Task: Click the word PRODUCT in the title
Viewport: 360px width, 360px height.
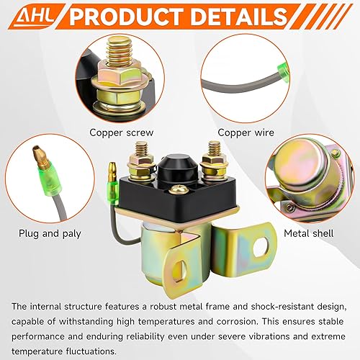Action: click(133, 17)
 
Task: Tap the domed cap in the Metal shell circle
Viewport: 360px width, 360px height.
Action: click(301, 166)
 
